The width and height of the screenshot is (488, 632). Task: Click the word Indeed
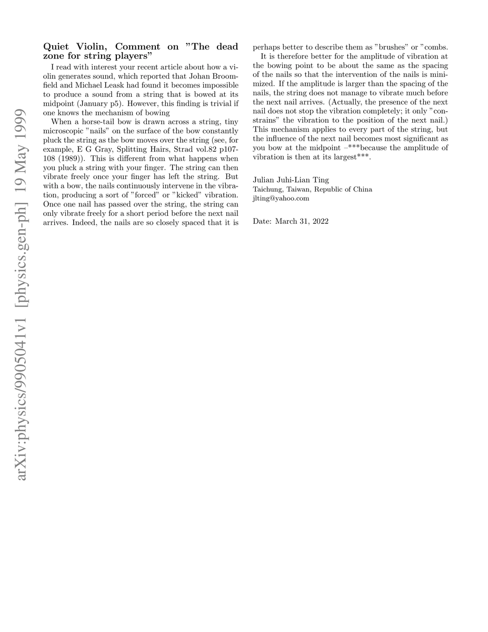(x=85, y=223)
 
